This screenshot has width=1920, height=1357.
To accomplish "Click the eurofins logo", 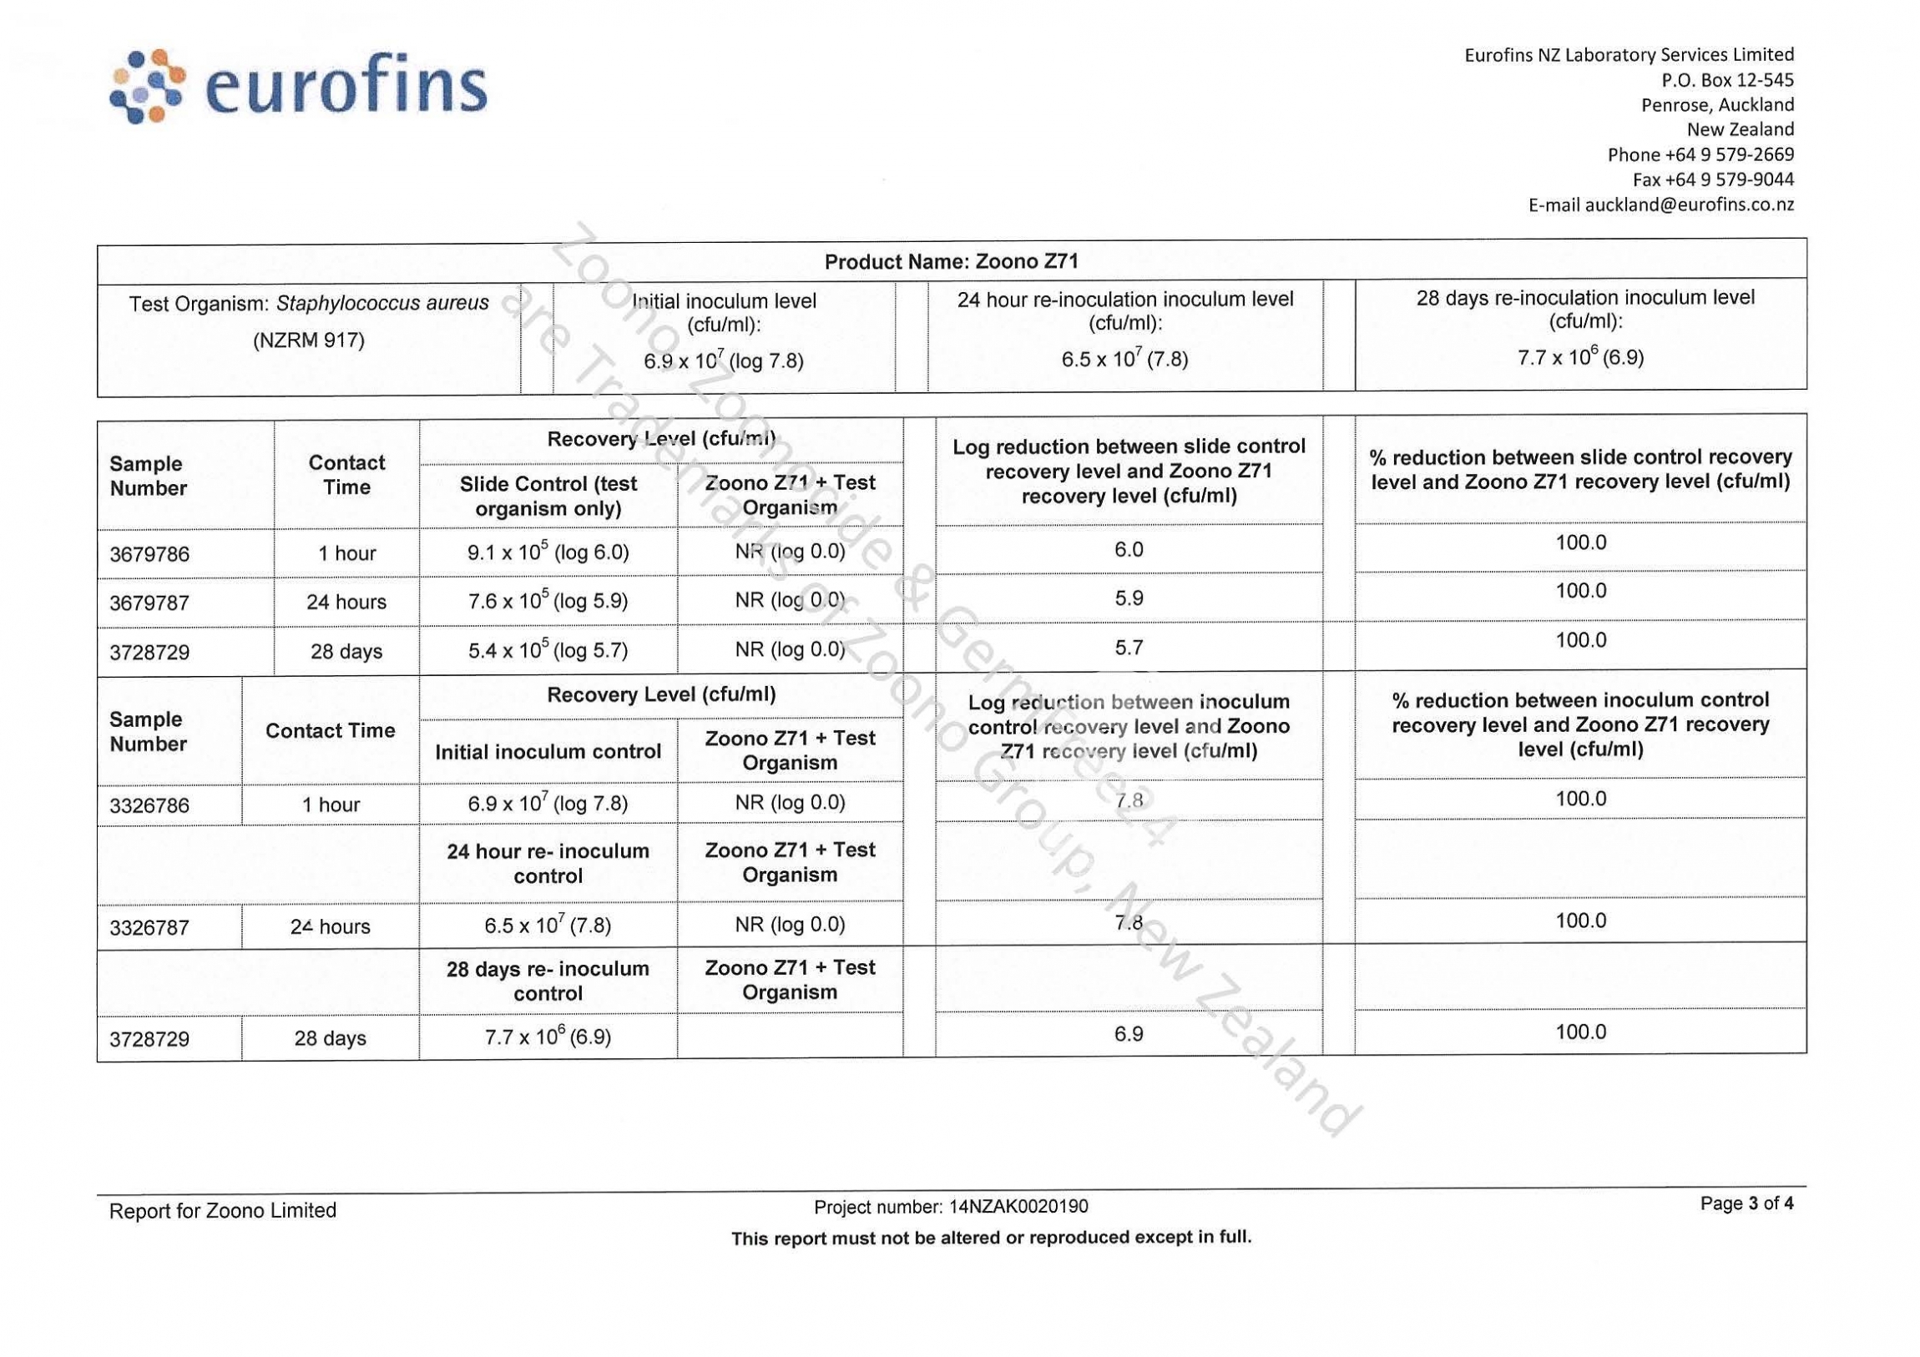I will tap(298, 88).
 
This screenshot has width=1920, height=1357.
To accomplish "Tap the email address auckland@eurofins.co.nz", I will tap(1660, 204).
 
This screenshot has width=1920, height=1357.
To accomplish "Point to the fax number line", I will tap(1713, 179).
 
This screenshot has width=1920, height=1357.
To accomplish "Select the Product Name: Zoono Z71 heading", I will tap(951, 262).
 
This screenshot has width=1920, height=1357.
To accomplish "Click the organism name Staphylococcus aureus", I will tap(382, 303).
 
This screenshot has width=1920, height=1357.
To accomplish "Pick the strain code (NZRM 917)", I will tap(309, 341).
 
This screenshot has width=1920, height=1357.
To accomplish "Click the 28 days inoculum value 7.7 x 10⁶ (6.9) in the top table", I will tap(1579, 358).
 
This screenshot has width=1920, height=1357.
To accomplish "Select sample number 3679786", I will tap(149, 554).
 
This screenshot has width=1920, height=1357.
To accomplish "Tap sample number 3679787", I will tap(149, 603).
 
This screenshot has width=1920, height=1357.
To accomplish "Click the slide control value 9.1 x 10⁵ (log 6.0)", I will tap(548, 552).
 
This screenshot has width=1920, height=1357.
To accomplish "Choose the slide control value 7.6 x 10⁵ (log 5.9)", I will tap(548, 601).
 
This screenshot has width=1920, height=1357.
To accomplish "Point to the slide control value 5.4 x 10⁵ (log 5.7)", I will tap(548, 650).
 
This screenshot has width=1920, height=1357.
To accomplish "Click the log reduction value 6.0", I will tap(1128, 549).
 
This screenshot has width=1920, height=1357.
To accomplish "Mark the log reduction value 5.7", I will tap(1128, 648).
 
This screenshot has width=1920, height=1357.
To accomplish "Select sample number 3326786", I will tap(149, 806).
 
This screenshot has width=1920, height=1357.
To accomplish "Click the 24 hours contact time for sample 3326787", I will tap(331, 926).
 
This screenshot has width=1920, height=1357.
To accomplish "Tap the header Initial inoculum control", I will tap(548, 752).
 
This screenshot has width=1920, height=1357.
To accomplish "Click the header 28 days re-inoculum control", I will tap(548, 981).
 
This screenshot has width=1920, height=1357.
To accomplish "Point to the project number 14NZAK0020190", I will tap(1018, 1207).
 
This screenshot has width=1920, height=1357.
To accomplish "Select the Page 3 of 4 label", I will tap(1746, 1203).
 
